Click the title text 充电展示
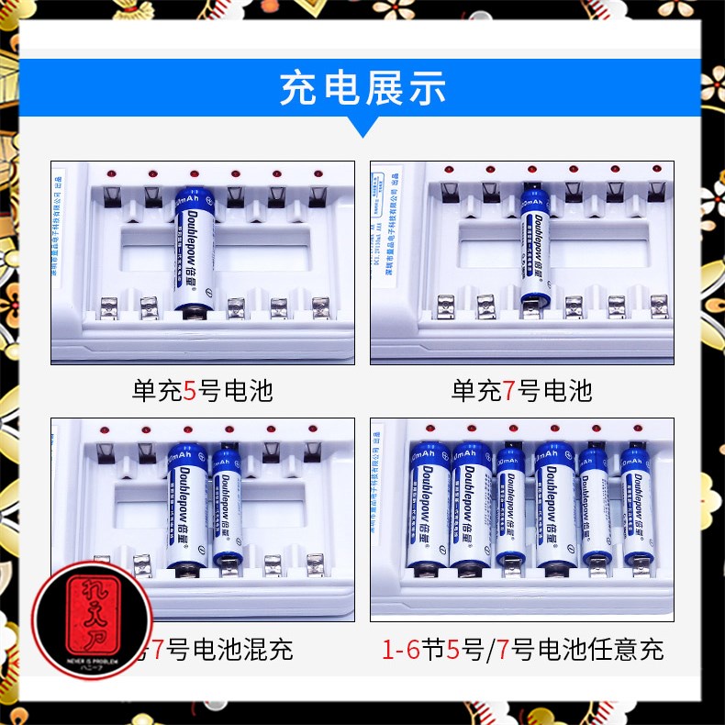[x=362, y=90]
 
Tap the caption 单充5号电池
[x=202, y=392]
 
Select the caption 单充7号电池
[x=521, y=392]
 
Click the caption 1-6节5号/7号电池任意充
[x=522, y=651]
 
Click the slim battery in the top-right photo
[x=534, y=246]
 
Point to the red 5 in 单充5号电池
[x=190, y=392]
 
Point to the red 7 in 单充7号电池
[x=509, y=392]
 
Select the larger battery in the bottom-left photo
[x=186, y=509]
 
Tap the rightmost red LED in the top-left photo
[x=318, y=173]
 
